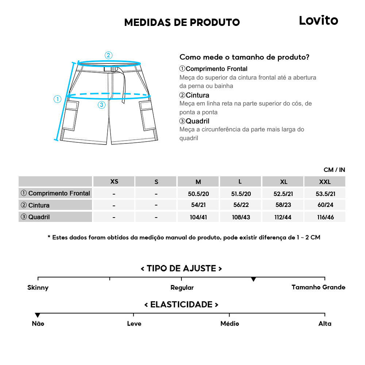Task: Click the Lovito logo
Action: pyautogui.click(x=318, y=20)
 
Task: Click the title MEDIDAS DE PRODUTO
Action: pyautogui.click(x=182, y=22)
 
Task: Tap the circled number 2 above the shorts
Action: pyautogui.click(x=108, y=55)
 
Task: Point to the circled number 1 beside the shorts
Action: pyautogui.click(x=57, y=99)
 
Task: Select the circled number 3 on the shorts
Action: pyautogui.click(x=102, y=105)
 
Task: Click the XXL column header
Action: pyautogui.click(x=324, y=182)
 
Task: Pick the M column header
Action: pyautogui.click(x=198, y=182)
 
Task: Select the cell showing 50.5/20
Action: pyautogui.click(x=198, y=193)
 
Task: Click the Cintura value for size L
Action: pyautogui.click(x=240, y=205)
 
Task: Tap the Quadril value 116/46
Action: pyautogui.click(x=324, y=217)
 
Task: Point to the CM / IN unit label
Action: pyautogui.click(x=334, y=170)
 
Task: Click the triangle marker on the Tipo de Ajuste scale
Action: pyautogui.click(x=253, y=280)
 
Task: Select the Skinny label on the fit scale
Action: pyautogui.click(x=38, y=288)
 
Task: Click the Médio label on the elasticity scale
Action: pyautogui.click(x=230, y=324)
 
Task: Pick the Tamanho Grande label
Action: pyautogui.click(x=318, y=287)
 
